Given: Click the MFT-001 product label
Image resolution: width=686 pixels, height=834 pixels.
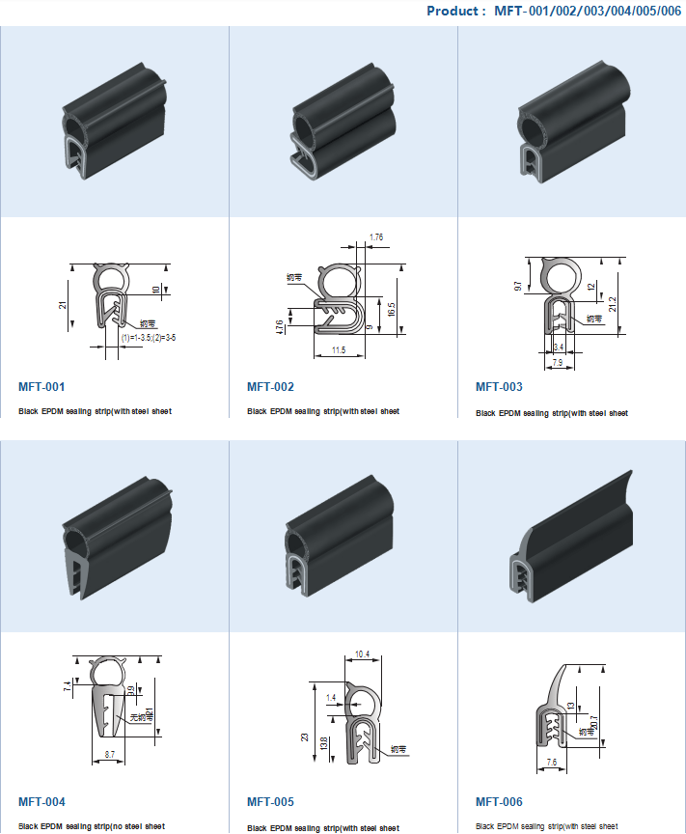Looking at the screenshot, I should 41,387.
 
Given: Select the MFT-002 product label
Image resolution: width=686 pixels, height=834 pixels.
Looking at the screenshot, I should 270,387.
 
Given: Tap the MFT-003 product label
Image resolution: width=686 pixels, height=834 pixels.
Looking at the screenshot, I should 499,387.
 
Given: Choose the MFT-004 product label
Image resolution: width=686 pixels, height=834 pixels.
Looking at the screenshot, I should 41,802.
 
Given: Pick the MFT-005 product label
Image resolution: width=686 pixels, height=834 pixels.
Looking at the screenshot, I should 270,802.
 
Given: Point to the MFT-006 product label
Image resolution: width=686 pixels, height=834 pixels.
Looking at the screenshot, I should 499,802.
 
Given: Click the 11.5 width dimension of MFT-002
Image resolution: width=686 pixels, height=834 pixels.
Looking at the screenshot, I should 339,350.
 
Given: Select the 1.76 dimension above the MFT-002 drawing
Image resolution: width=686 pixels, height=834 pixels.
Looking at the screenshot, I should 376,236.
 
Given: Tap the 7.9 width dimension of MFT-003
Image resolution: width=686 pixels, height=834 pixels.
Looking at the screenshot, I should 558,363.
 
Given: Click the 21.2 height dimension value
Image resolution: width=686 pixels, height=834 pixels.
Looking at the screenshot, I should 613,304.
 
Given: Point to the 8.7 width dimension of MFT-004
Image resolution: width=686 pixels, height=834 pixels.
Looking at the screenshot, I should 110,752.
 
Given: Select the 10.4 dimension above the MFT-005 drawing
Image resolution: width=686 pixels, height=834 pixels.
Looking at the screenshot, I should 363,654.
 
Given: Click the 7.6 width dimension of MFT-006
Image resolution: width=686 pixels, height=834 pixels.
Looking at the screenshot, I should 551,762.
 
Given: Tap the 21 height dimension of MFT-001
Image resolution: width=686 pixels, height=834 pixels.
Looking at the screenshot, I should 63,305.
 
